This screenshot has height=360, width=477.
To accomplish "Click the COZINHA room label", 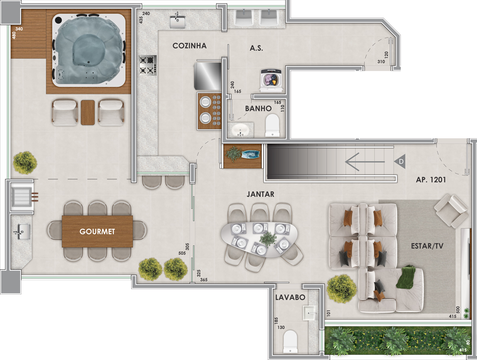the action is tap(189, 46).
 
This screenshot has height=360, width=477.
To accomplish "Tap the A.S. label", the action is tap(256, 48).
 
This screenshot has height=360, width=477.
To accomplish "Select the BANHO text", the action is tap(258, 108).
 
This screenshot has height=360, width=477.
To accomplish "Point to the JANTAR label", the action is tap(260, 194).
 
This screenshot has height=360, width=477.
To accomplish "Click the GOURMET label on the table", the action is tap(97, 232).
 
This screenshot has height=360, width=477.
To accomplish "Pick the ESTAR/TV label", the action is tap(427, 246).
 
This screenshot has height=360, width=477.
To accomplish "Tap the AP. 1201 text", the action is tap(431, 180).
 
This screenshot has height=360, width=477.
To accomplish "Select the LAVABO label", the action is tap(290, 298).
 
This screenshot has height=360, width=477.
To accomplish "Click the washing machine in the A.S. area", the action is tap(272, 81).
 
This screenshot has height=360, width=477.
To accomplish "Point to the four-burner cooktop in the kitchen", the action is tap(148, 65).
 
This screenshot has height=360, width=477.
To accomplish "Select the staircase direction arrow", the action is tap(365, 162).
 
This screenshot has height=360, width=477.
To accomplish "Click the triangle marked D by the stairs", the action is tap(400, 162).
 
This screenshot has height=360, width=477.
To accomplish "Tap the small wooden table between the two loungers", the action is tap(88, 113).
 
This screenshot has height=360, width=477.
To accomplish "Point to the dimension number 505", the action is tap(182, 253).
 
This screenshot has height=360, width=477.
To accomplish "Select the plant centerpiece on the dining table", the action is tap(268, 239).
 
